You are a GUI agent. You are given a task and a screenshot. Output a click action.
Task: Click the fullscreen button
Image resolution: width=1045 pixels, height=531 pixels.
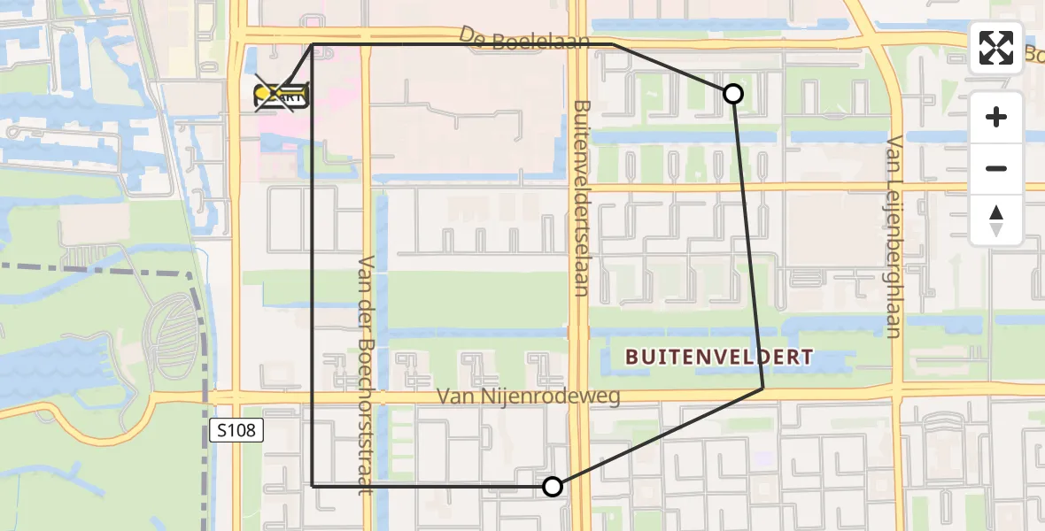coord(996,48)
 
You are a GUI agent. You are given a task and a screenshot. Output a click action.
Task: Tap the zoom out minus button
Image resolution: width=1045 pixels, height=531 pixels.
coord(996,168)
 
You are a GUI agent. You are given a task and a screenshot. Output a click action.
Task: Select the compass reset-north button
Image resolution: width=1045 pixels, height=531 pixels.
coord(996,220)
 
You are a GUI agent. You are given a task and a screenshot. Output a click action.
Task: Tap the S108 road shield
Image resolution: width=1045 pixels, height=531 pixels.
coord(237,431)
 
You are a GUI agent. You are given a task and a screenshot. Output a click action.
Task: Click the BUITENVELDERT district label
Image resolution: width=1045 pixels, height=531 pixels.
coord(718,358)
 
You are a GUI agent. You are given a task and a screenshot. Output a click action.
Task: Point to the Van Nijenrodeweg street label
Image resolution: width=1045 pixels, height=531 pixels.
coord(528,396)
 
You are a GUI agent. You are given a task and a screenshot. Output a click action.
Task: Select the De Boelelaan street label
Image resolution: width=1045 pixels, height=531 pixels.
coord(524,40)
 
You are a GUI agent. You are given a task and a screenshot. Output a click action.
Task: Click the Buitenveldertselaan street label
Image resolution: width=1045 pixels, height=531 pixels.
coord(581,196)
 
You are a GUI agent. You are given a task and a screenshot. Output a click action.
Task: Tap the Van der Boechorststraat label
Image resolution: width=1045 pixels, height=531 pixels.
coord(367,374)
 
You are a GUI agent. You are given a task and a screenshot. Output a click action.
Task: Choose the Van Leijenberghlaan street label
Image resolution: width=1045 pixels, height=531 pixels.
coord(893,236)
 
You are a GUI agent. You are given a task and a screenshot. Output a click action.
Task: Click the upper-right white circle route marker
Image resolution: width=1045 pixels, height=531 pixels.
coord(732,93)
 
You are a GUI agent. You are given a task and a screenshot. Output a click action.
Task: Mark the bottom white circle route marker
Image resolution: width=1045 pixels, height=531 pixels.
coord(553,486)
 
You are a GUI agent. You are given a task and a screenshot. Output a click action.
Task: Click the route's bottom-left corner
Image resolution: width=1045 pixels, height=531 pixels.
coord(313,485)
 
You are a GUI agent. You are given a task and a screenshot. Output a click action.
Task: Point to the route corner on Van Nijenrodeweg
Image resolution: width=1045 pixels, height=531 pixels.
coord(762,388)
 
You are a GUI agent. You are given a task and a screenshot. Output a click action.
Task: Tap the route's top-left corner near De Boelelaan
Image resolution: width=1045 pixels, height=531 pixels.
coord(313,44)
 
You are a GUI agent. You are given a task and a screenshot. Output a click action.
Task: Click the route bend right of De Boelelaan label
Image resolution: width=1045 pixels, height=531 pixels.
coord(613,44)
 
